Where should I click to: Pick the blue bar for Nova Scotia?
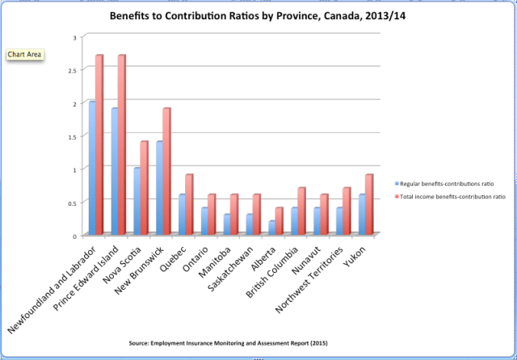[137, 201]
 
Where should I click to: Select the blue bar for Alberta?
[272, 228]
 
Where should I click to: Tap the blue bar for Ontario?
[204, 221]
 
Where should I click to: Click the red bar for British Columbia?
[301, 211]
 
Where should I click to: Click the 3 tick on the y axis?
[74, 37]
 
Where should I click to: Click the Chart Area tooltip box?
[23, 54]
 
